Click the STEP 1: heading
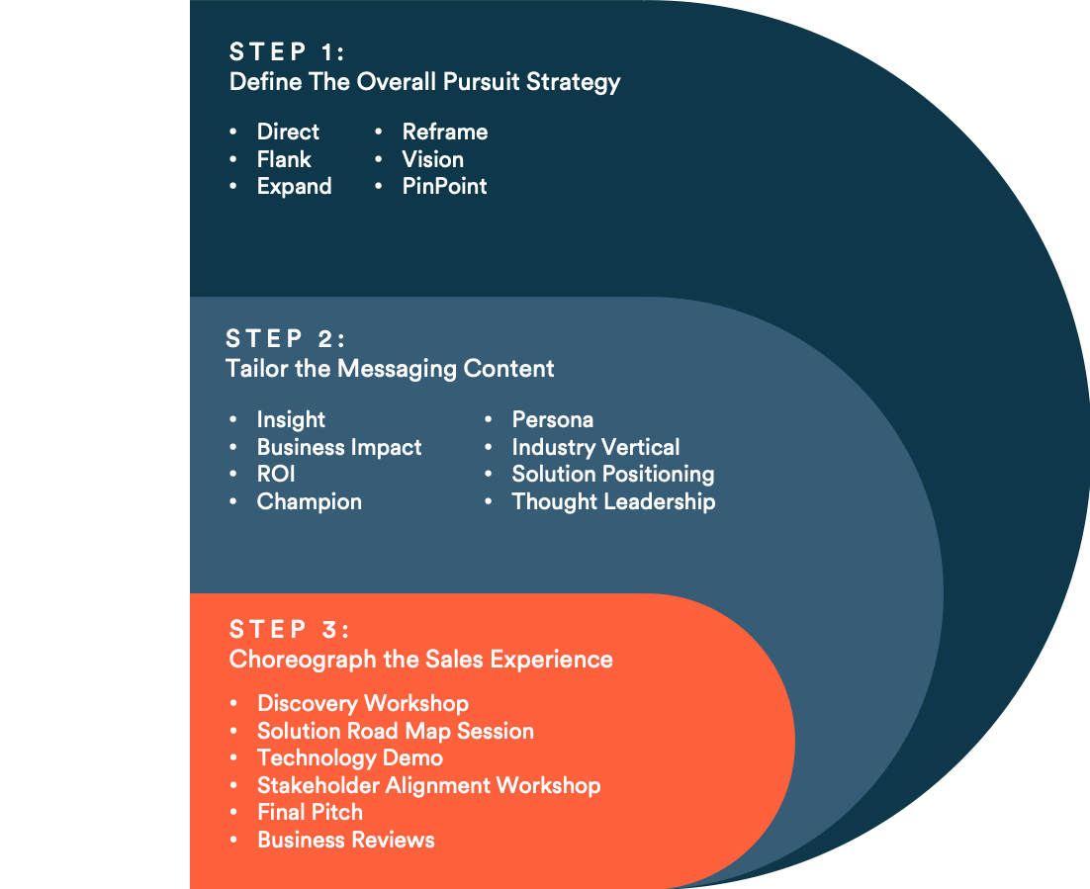[x=287, y=51]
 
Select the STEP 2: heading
[x=285, y=339]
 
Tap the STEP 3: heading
[x=289, y=630]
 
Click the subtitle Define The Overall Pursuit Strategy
[x=424, y=81]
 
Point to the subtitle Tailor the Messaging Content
[x=390, y=369]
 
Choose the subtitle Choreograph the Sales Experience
[x=420, y=660]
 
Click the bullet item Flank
[x=284, y=159]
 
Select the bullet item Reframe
[x=444, y=132]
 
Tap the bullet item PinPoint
[x=444, y=186]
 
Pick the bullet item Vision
[x=432, y=159]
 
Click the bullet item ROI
[x=276, y=474]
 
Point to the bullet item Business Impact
[x=339, y=447]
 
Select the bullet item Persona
[x=552, y=419]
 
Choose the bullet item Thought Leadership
[x=613, y=501]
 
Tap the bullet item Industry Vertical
[x=595, y=447]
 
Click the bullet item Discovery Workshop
[x=362, y=703]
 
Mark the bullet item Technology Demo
[x=349, y=757]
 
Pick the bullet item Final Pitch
[x=310, y=812]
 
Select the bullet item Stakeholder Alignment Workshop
[x=428, y=785]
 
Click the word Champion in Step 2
[x=309, y=501]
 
